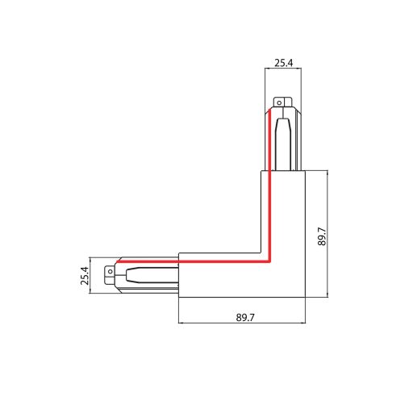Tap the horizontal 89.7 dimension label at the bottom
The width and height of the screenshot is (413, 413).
point(245,318)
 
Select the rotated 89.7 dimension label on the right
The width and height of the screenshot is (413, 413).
point(322,235)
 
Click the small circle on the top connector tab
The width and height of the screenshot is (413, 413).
point(280,102)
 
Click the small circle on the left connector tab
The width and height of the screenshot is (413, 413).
point(109,273)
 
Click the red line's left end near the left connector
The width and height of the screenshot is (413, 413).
point(118,262)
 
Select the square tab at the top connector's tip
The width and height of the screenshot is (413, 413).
point(280,102)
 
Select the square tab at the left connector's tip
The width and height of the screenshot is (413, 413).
point(109,273)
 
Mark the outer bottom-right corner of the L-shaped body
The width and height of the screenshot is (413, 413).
point(306,297)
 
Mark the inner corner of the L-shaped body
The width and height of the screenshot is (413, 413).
point(260,252)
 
